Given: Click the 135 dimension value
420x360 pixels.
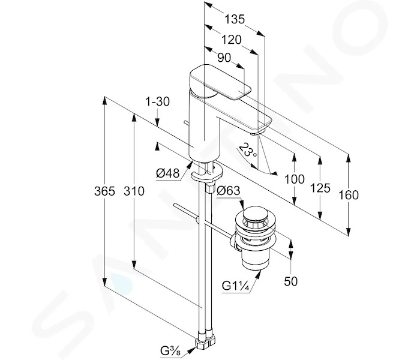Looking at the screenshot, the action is tap(235, 19).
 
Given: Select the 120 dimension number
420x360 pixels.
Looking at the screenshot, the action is tap(231, 40).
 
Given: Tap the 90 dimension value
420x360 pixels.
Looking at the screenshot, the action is tap(224, 58).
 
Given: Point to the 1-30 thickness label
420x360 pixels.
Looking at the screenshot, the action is tap(157, 102).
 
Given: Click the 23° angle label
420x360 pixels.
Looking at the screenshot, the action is tap(248, 151).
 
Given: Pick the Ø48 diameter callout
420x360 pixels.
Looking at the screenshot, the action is tap(167, 173).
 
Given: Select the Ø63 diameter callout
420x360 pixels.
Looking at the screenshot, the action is tap(229, 191).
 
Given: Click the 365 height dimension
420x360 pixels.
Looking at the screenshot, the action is tap(104, 191).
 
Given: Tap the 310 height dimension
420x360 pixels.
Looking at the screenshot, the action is tap(134, 191).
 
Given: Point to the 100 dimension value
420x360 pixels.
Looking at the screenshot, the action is tap(294, 179).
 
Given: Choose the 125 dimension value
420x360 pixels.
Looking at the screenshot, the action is tap(320, 188).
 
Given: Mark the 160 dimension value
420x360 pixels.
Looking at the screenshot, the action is tap(349, 195).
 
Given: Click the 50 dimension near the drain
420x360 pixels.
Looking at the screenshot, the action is tap(290, 281).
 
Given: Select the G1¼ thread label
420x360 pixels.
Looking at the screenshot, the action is tap(236, 286).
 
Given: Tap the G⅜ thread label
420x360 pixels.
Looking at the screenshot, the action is tap(171, 350).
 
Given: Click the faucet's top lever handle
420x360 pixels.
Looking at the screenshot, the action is tap(220, 82).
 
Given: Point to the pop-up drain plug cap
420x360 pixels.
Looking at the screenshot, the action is tap(256, 214).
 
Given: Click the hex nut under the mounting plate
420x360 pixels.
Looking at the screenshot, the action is tap(210, 187).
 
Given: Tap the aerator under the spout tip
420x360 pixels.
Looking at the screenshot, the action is tap(257, 133).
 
